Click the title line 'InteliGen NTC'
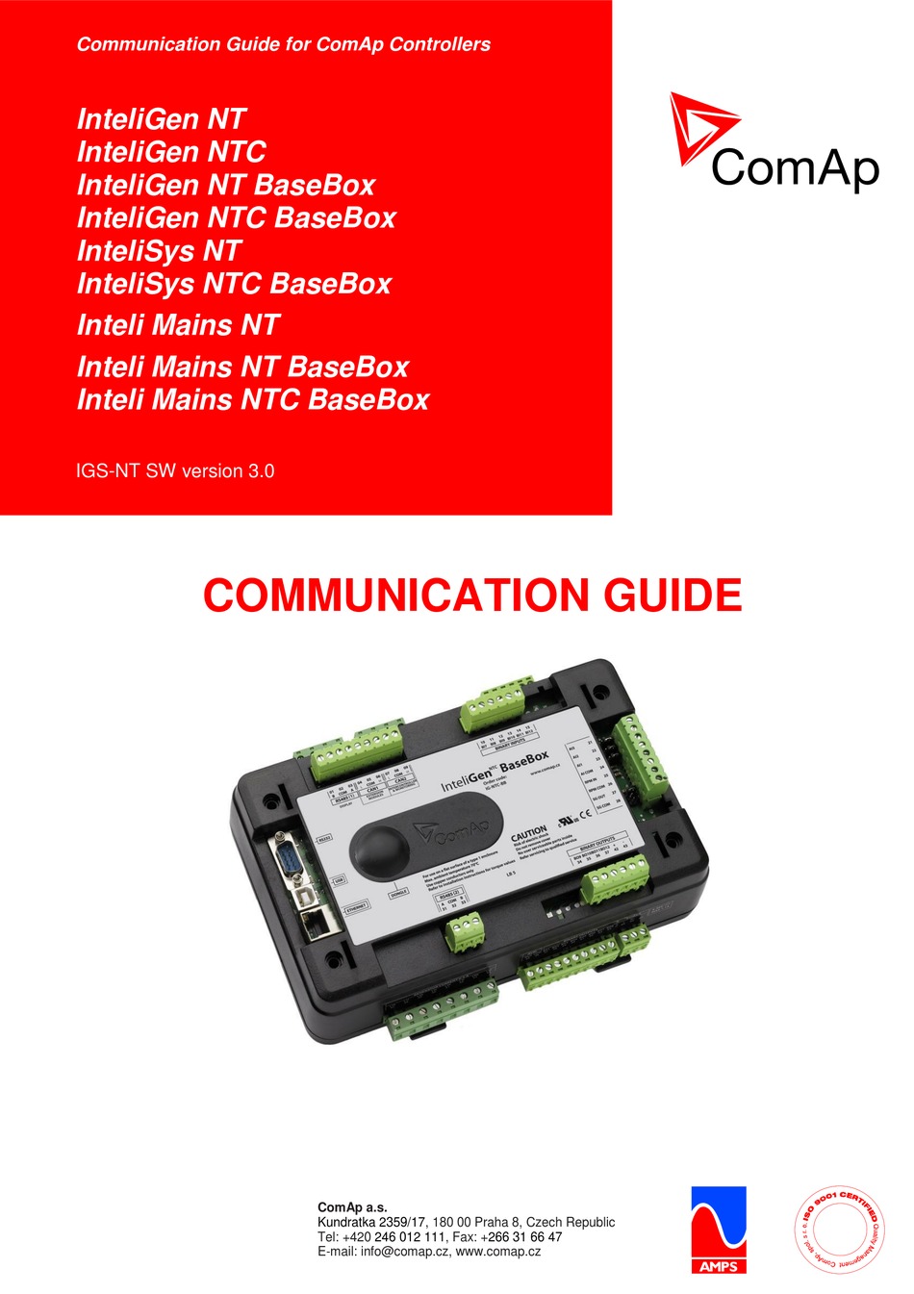171,152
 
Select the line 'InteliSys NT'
159,251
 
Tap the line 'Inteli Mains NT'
178,325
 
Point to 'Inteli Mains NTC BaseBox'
253,399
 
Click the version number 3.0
261,470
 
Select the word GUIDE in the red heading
673,596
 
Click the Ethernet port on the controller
317,924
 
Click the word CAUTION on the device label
528,832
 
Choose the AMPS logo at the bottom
718,1230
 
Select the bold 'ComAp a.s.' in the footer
352,1207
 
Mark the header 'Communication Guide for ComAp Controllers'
284,44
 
